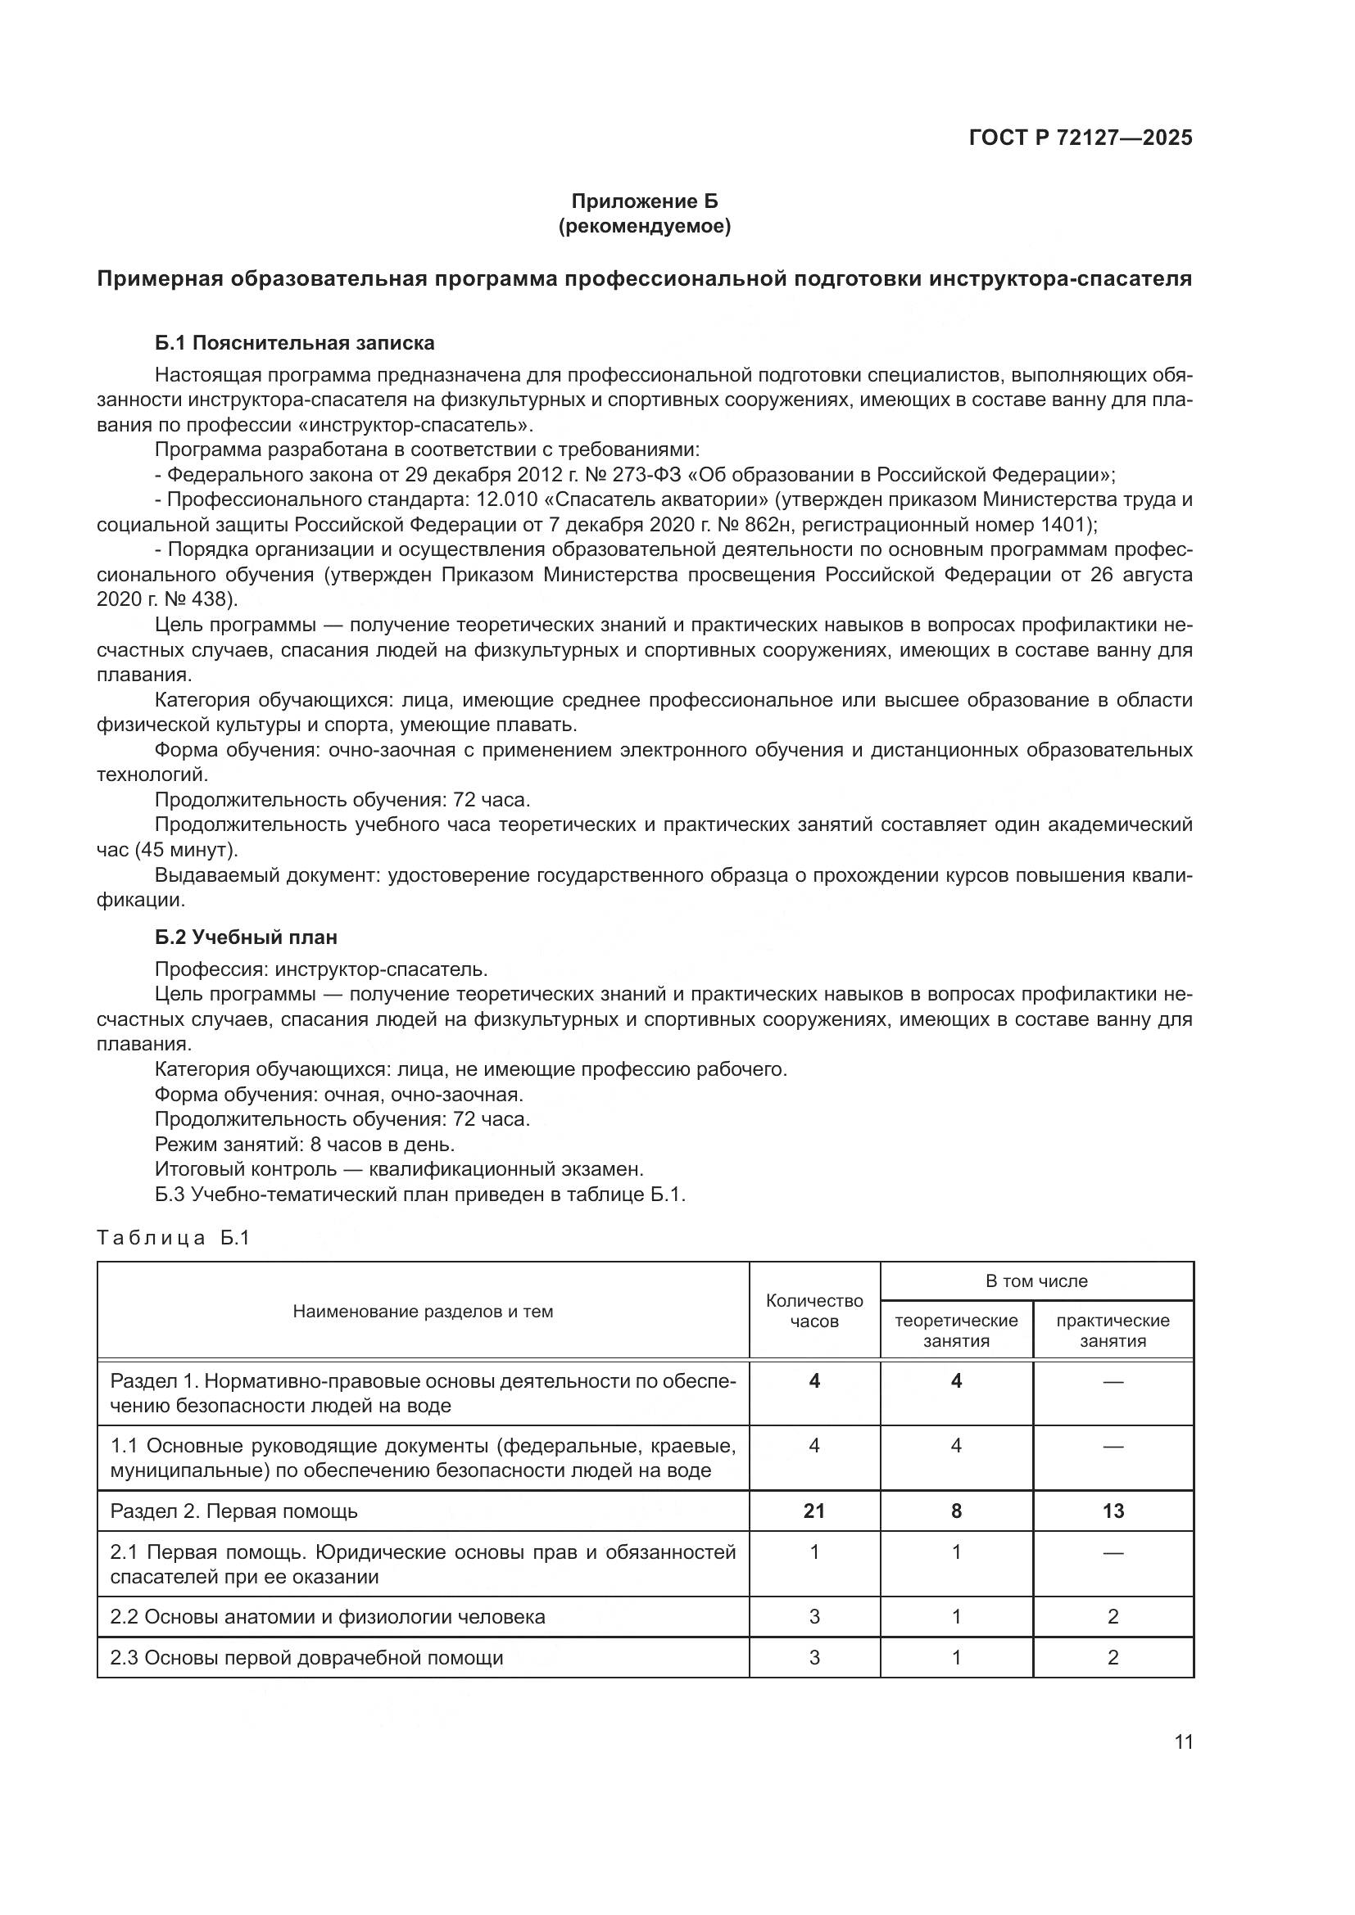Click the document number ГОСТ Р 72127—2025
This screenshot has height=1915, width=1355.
1081,138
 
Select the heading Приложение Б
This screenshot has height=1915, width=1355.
644,201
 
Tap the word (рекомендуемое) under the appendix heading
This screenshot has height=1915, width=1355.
644,226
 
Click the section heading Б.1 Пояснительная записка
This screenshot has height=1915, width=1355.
295,343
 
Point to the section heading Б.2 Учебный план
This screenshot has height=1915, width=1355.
246,937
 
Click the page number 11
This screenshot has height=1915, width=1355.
1183,1741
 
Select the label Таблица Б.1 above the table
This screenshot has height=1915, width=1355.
174,1238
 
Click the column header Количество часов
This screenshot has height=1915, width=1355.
814,1310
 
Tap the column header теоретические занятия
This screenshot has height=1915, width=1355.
956,1330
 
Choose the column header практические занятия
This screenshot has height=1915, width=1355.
1113,1330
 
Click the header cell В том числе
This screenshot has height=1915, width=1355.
1036,1281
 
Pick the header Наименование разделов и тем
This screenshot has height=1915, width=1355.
423,1311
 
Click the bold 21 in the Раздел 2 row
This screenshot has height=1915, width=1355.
814,1511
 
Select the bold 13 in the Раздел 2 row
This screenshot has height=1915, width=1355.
1113,1511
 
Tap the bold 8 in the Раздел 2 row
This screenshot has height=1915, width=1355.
956,1511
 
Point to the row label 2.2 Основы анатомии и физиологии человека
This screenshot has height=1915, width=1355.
327,1616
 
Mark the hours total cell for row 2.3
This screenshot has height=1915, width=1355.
814,1657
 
